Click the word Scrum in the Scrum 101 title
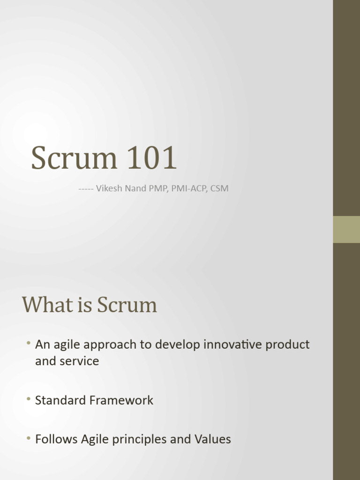pos(74,158)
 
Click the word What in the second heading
pos(44,305)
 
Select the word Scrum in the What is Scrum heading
pos(127,305)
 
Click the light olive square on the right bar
pos(346,229)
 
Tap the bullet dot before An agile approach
pos(29,345)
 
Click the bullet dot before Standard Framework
pos(29,400)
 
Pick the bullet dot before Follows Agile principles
pos(29,439)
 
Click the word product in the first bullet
pos(287,345)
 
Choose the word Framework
pos(125,400)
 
